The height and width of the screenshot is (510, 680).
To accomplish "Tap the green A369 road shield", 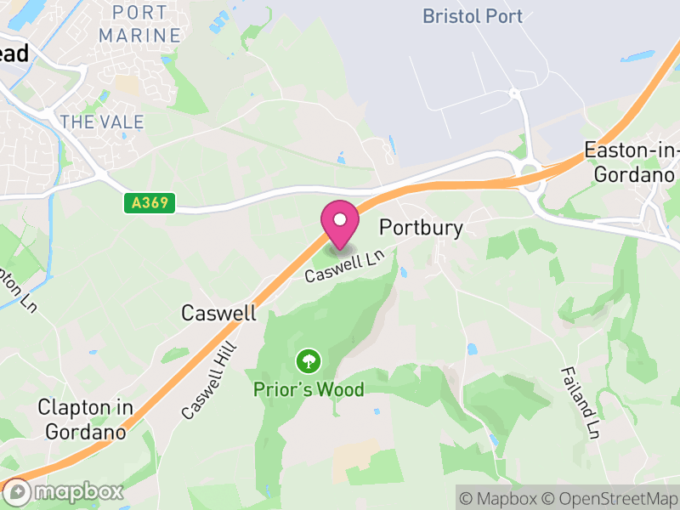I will pos(150,203).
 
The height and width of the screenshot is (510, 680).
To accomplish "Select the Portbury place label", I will pos(422,228).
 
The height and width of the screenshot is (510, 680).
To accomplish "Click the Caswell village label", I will pos(218,313).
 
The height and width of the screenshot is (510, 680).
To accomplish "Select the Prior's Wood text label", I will pos(309,390).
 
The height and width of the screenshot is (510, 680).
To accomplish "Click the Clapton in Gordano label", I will pos(86,420).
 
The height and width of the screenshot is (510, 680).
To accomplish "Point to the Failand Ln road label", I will pos(580,402).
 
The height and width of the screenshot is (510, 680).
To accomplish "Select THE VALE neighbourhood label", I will pos(102,122).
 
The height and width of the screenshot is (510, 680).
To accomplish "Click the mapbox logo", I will pos(64,491).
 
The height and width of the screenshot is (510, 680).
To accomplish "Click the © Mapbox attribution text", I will pos(500,497).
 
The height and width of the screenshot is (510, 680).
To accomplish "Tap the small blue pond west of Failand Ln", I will pos(472,348).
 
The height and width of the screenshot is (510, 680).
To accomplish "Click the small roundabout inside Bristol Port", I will pos(513,93).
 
